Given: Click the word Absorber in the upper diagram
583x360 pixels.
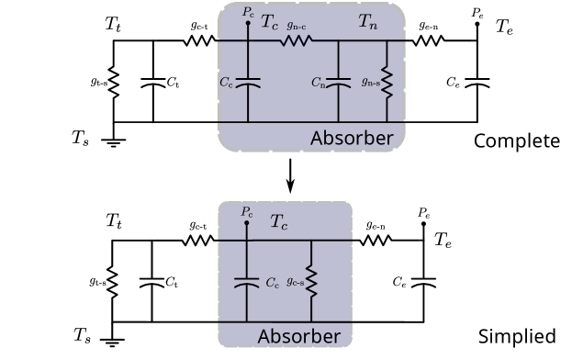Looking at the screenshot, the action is (352, 140).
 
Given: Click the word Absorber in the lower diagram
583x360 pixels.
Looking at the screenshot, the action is (298, 337).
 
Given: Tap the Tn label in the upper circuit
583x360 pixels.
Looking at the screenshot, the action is (367, 21).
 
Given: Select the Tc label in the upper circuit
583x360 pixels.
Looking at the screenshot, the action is (271, 21).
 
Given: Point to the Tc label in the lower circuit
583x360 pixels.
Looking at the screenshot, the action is (281, 222).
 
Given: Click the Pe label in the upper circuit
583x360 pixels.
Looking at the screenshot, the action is (248, 12).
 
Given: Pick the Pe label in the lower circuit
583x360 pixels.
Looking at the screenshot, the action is (247, 212).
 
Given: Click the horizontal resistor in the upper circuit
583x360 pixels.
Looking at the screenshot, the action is (297, 40).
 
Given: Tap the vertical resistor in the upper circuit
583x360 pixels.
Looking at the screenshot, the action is (387, 83).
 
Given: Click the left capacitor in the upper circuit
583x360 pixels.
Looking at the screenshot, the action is (248, 83).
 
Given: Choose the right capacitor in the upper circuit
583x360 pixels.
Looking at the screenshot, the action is (341, 83).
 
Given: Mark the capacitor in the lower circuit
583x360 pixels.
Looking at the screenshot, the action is (246, 283).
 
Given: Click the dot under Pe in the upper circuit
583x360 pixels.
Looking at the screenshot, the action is (248, 24).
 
